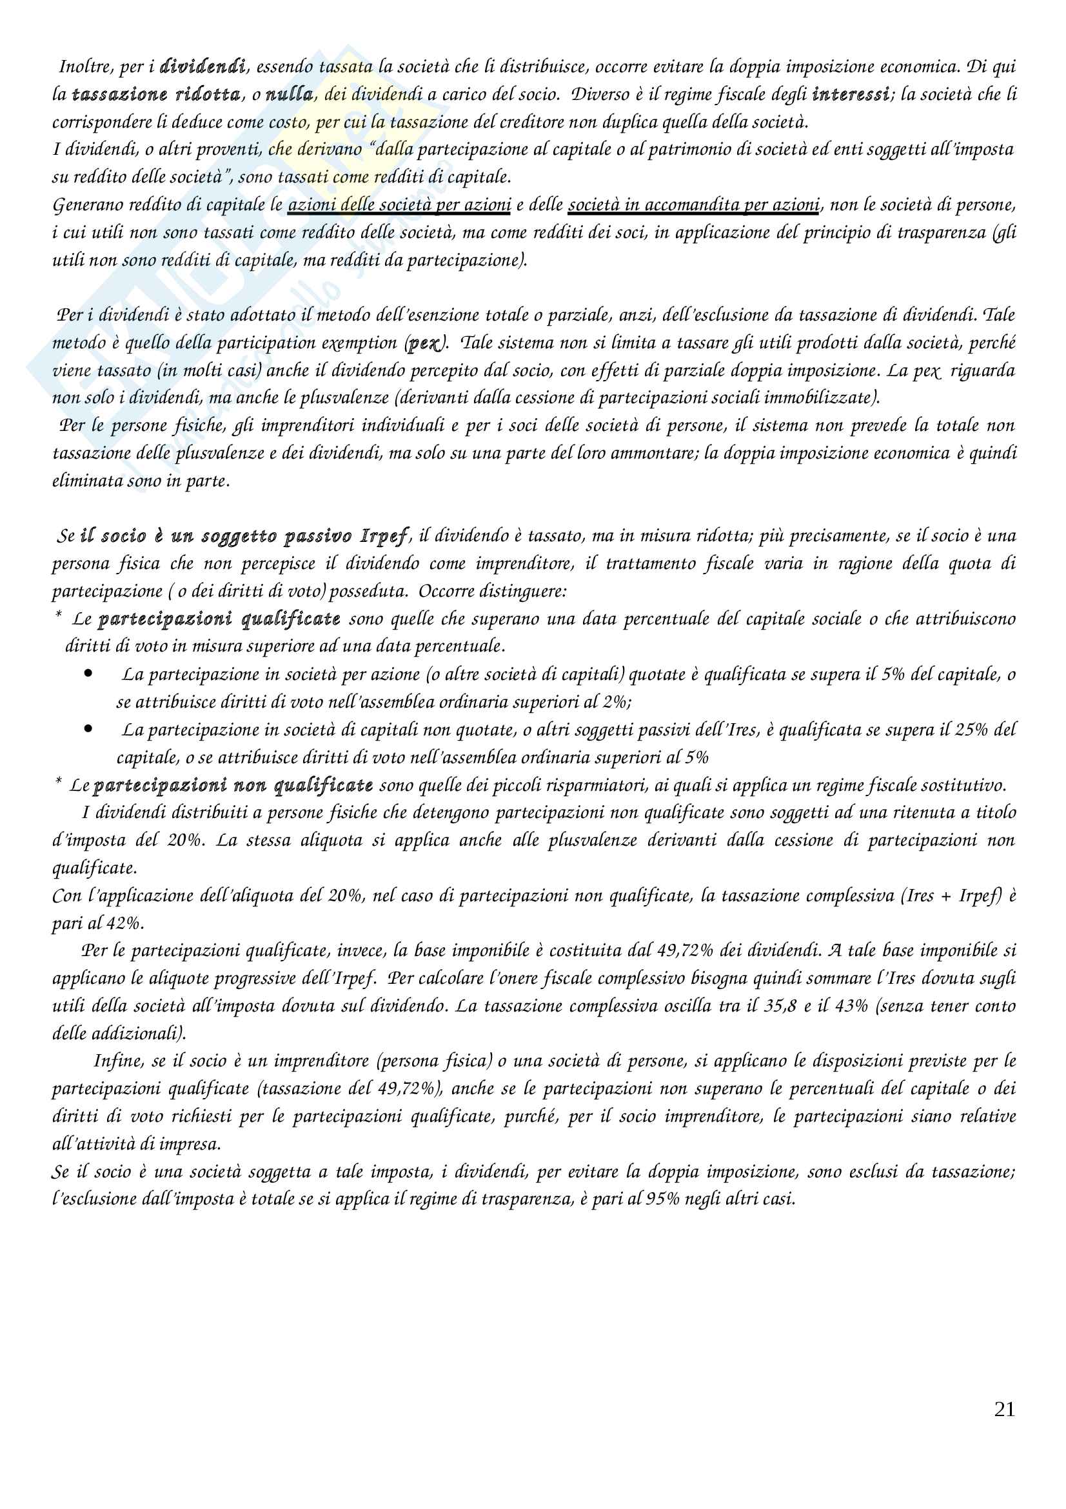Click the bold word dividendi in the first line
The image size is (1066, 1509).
(x=202, y=66)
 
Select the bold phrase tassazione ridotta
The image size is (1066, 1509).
(x=155, y=95)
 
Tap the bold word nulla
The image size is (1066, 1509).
(x=289, y=95)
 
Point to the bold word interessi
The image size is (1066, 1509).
(x=851, y=95)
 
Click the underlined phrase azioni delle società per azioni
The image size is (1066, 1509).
(x=399, y=205)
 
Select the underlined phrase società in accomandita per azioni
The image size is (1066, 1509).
(x=694, y=205)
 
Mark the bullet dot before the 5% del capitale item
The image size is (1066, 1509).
(x=88, y=674)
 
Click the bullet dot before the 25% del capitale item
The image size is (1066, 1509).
(x=88, y=729)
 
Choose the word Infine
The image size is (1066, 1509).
(x=118, y=1061)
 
